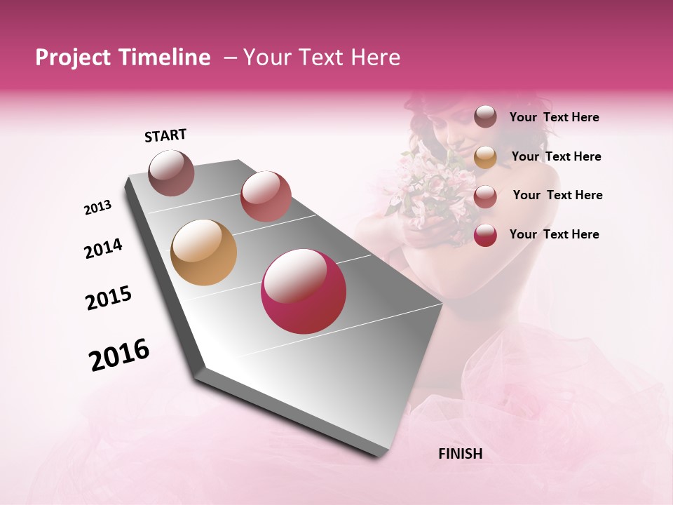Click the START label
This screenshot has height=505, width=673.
[x=165, y=135]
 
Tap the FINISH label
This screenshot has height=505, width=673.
[x=460, y=454]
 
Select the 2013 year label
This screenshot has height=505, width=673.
[x=97, y=208]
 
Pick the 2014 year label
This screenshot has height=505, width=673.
[x=103, y=248]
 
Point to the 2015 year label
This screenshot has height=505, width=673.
[x=109, y=298]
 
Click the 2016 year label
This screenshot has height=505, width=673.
[x=119, y=355]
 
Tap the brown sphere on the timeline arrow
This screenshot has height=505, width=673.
[x=172, y=173]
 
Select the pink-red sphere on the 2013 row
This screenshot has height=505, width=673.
[x=266, y=196]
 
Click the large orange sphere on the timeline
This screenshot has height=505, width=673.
[x=203, y=252]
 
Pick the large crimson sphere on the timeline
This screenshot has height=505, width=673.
[x=304, y=291]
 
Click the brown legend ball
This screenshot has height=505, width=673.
[x=485, y=117]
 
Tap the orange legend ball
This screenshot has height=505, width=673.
[x=485, y=157]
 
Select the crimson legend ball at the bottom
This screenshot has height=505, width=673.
[x=485, y=235]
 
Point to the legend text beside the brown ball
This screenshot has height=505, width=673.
[x=554, y=118]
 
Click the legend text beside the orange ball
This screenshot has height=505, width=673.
[x=556, y=156]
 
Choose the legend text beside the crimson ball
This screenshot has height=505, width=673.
[x=554, y=234]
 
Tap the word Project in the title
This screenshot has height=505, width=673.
[x=72, y=58]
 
